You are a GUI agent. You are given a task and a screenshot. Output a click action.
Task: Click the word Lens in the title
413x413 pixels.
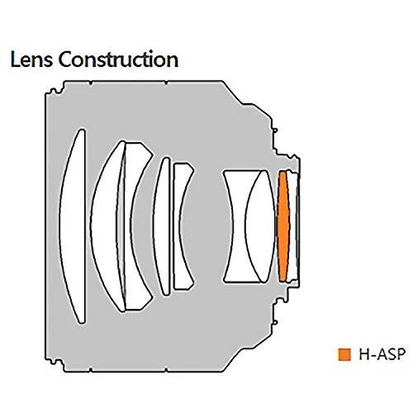[x=31, y=59]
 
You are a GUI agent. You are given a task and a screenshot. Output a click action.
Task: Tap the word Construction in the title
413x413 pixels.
[x=118, y=59]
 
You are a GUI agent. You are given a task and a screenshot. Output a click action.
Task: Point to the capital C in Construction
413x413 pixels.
[x=65, y=59]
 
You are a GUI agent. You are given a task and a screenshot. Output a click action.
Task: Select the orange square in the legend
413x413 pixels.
[x=344, y=354]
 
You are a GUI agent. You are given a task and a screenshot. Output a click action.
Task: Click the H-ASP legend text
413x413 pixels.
[x=382, y=354]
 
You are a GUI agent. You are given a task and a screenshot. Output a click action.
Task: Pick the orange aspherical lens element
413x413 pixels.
[x=283, y=226]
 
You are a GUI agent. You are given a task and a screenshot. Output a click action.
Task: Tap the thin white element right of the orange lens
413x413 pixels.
[x=292, y=226]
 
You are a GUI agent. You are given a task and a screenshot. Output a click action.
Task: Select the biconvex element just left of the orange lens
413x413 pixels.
[x=260, y=226]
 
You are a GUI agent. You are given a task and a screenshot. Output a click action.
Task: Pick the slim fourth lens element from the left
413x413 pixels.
[x=163, y=226]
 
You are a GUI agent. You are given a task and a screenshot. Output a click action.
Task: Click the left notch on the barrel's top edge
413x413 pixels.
[x=91, y=83]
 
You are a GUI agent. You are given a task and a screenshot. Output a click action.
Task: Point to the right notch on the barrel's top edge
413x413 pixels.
[x=166, y=83]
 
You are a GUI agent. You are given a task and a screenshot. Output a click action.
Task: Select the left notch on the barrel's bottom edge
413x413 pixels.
[x=91, y=370]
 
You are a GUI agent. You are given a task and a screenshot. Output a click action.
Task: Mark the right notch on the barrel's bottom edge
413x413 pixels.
[x=166, y=370]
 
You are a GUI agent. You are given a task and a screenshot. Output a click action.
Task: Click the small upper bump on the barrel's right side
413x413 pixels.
[x=275, y=130]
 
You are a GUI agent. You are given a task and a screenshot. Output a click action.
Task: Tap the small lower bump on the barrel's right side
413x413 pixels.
[x=275, y=322]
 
